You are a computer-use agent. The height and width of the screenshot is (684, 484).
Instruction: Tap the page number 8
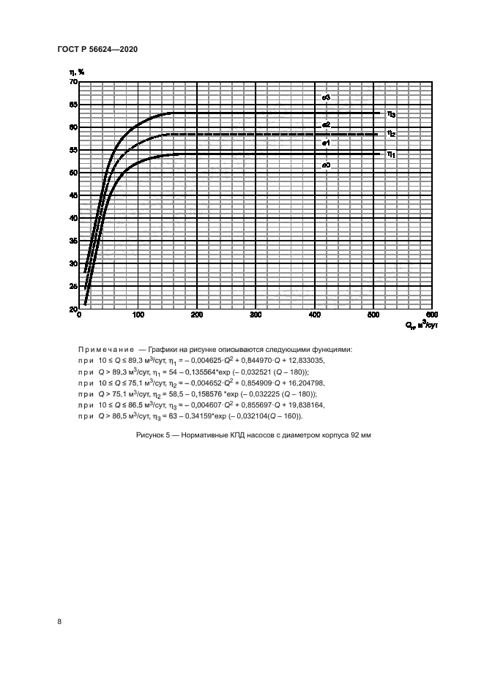click(x=59, y=622)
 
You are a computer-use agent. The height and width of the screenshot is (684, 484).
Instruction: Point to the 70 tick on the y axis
click(x=72, y=82)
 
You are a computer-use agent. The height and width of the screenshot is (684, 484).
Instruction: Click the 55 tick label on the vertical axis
click(x=72, y=150)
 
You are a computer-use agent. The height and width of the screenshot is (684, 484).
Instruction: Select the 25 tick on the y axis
click(x=72, y=286)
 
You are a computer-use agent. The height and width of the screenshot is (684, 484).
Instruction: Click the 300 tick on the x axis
click(x=256, y=315)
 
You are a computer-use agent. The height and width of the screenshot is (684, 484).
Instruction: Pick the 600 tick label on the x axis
click(x=431, y=315)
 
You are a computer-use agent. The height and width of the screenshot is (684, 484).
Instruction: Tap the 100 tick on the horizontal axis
click(x=138, y=315)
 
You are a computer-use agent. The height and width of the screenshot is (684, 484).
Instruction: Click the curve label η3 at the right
click(x=392, y=114)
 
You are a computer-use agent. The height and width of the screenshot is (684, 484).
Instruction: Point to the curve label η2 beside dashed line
click(x=392, y=134)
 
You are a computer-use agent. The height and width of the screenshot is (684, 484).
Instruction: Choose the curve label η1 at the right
click(x=392, y=154)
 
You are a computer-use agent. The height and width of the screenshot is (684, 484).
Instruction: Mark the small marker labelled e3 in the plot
click(x=327, y=97)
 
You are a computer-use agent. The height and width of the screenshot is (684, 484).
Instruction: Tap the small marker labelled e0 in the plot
click(x=327, y=165)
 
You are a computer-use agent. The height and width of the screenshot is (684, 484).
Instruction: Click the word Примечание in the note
click(x=106, y=350)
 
